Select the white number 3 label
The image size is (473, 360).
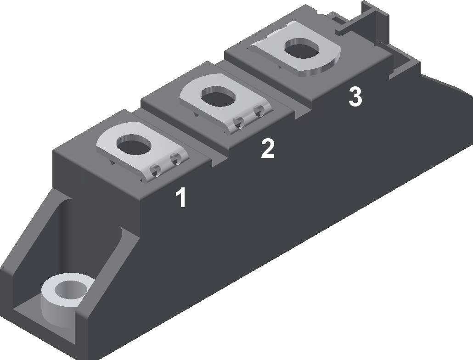[x=355, y=97]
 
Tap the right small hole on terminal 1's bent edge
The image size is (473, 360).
[x=175, y=159]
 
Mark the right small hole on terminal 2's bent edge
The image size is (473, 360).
[x=259, y=110]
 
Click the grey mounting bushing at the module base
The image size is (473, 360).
[x=64, y=298]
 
